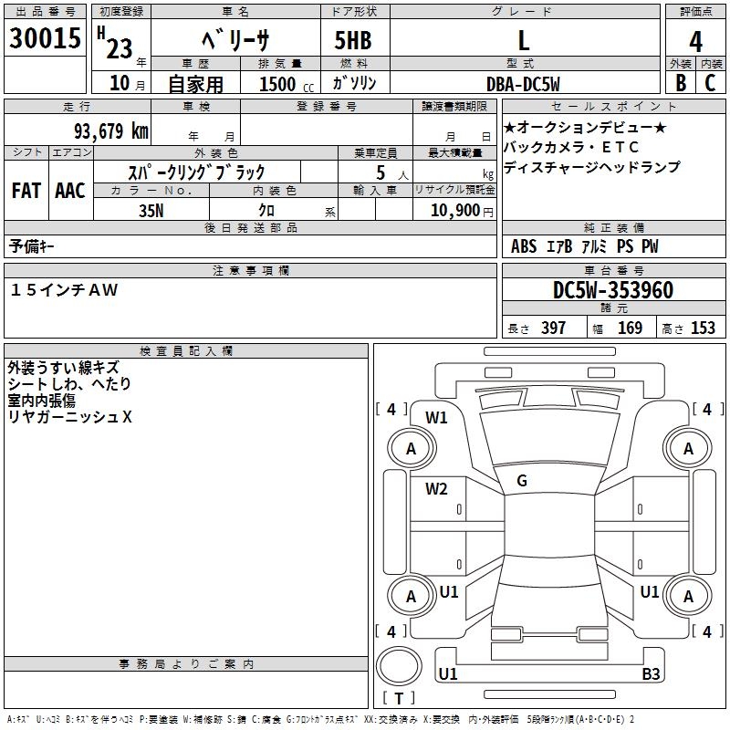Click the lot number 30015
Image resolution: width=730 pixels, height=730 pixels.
(44, 38)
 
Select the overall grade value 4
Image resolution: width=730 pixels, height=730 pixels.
(695, 41)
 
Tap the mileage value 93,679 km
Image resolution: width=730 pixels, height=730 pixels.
(110, 131)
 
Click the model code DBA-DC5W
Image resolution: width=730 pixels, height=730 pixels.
(523, 83)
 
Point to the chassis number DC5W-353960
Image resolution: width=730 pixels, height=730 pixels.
(613, 290)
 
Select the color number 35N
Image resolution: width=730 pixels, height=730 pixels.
(151, 209)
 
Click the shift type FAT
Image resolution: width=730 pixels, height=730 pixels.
(26, 191)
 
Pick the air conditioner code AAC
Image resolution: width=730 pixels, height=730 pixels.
(70, 191)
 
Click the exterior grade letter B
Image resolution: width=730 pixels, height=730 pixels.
(680, 83)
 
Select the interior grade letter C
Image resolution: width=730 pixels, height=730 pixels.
(710, 83)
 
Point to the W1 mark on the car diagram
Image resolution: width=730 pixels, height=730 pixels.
(437, 418)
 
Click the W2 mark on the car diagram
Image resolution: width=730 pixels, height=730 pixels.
(437, 489)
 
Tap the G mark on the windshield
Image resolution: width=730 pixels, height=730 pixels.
(522, 481)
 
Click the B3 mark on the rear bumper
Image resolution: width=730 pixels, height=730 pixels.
(651, 674)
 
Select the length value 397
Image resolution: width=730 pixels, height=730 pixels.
(553, 328)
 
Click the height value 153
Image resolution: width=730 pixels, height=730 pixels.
(703, 328)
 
